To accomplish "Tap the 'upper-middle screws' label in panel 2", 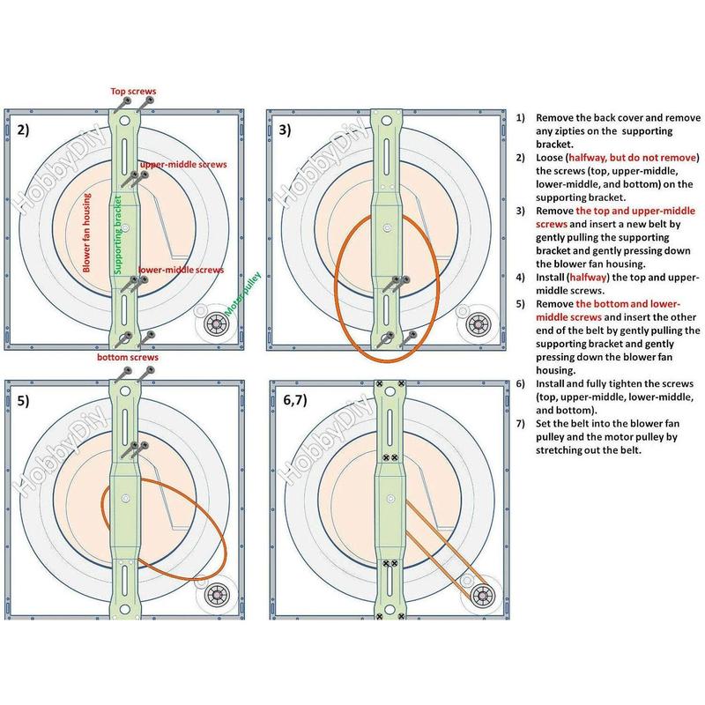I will coord(182,165).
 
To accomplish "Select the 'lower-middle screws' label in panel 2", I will coord(180,271).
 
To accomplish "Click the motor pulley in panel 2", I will coord(216,325).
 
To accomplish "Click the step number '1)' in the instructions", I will coord(521,117).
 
